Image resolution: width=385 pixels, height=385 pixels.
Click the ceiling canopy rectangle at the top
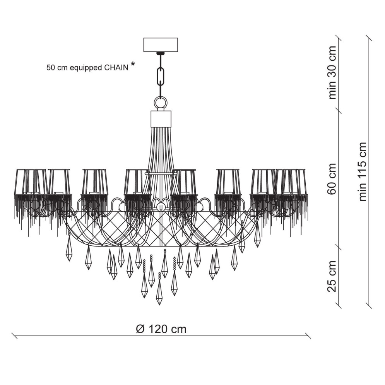coord(161,44)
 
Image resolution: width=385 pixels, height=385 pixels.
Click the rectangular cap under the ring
coord(161,118)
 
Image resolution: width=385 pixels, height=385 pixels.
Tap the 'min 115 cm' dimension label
coord(363,172)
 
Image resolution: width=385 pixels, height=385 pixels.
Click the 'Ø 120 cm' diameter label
coord(161,329)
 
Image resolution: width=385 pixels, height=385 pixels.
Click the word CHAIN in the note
coord(116,68)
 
